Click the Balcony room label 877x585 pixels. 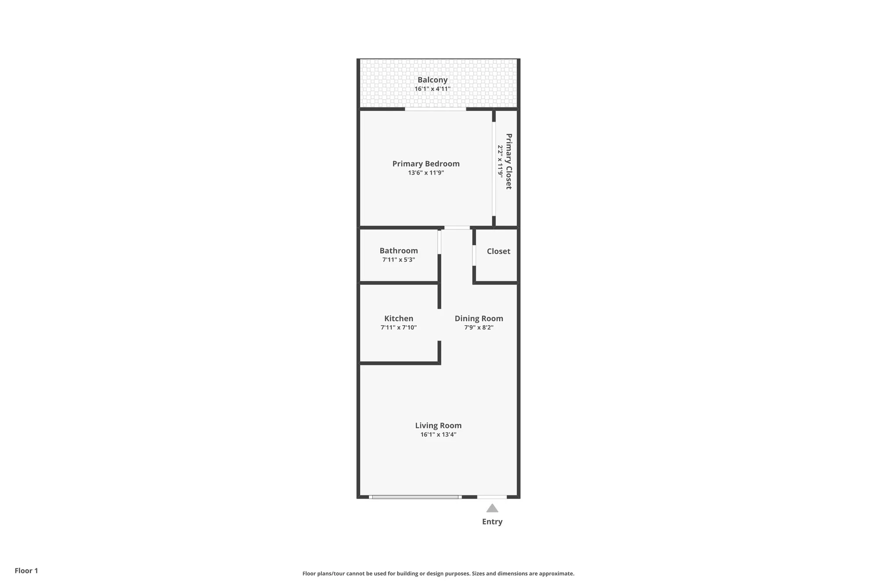(x=432, y=80)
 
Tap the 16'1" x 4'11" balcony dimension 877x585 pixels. (x=432, y=89)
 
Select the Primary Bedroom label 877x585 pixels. (x=426, y=164)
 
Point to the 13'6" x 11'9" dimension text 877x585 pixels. (x=426, y=173)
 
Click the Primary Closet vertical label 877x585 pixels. (x=509, y=162)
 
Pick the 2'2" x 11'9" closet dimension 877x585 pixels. (x=500, y=162)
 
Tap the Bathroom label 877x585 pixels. (x=399, y=251)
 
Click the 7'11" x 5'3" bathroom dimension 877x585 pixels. (x=399, y=260)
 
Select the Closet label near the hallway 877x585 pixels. (x=498, y=251)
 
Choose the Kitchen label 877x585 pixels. (x=399, y=319)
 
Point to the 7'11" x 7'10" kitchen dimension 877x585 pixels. (x=399, y=327)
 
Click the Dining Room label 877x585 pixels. (x=479, y=319)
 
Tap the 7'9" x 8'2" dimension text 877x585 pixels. (x=479, y=327)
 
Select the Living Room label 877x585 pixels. (x=438, y=425)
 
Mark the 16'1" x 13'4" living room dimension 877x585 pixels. (x=438, y=434)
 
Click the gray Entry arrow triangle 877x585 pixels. (x=492, y=508)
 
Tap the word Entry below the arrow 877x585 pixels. (x=492, y=521)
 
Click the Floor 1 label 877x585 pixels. (x=26, y=571)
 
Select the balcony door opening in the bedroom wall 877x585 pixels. (x=435, y=109)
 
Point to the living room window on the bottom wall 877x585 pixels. (x=415, y=497)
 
